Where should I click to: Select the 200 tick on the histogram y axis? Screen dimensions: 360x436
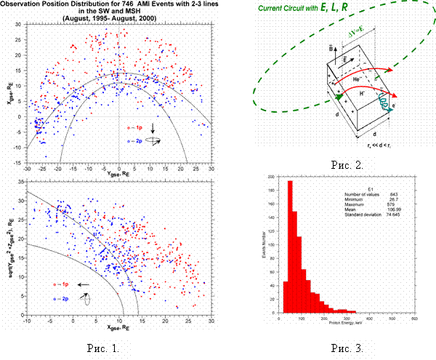click(x=272, y=177)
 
